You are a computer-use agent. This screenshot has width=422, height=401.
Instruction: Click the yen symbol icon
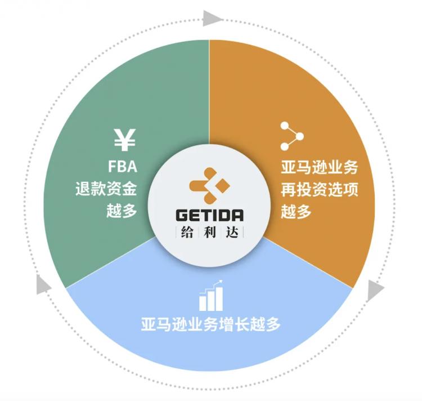(x=124, y=140)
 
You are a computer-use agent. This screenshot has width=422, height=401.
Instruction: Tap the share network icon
(x=292, y=136)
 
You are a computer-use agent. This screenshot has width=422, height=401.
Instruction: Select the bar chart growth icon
(x=211, y=295)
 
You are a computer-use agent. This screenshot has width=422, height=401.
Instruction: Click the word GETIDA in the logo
(x=210, y=216)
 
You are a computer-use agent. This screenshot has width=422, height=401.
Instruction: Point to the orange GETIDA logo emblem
(x=210, y=185)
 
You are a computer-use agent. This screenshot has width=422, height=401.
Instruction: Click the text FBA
(x=123, y=167)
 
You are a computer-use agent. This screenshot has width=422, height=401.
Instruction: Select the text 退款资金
(x=106, y=189)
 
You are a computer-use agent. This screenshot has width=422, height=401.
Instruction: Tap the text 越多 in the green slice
(x=122, y=210)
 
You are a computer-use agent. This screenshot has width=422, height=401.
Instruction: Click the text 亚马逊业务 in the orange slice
(x=320, y=167)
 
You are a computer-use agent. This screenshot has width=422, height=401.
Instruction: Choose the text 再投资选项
(x=320, y=189)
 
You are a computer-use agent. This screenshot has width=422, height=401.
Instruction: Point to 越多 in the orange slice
(x=297, y=211)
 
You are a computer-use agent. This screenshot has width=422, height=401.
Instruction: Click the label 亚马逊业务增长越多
(x=211, y=324)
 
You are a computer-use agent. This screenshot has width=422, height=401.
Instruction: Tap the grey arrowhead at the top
(x=213, y=19)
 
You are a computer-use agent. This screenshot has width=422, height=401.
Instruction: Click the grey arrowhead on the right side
(x=375, y=290)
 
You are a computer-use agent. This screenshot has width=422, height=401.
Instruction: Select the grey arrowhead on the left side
(x=43, y=284)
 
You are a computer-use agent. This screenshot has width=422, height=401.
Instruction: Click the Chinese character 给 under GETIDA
(x=187, y=232)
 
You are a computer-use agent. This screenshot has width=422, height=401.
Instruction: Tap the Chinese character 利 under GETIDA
(x=210, y=232)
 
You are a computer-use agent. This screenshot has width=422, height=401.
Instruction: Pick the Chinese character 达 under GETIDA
(x=232, y=232)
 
